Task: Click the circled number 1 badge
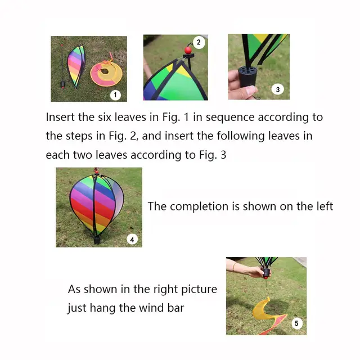tap(115, 94)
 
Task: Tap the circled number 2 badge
tap(198, 42)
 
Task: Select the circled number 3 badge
tap(277, 89)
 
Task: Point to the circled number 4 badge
tap(132, 239)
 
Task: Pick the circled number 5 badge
tap(297, 323)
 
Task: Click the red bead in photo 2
tap(188, 51)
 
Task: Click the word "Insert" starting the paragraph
tap(59, 118)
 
